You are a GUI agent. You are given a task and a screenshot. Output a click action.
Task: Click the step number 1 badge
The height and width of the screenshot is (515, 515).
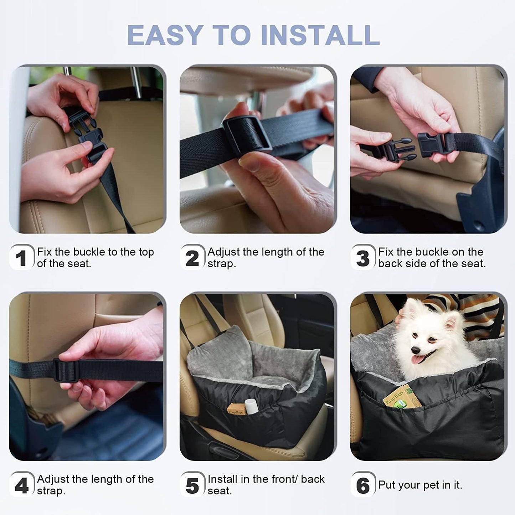21,258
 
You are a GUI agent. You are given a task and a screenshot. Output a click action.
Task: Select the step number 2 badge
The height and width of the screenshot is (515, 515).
192,258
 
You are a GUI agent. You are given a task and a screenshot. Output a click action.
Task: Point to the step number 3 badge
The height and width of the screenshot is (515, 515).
363,258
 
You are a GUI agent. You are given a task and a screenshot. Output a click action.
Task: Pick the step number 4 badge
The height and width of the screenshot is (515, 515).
21,485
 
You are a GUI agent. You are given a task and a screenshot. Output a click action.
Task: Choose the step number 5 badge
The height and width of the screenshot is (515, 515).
192,485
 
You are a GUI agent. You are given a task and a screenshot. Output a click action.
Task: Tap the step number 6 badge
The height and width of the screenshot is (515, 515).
363,485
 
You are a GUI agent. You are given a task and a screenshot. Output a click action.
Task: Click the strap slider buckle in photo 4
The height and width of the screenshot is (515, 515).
66,371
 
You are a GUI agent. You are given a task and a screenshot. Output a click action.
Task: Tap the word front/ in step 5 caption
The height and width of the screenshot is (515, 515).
280,479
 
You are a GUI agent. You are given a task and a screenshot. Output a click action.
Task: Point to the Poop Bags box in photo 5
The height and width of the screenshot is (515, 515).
236,409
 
